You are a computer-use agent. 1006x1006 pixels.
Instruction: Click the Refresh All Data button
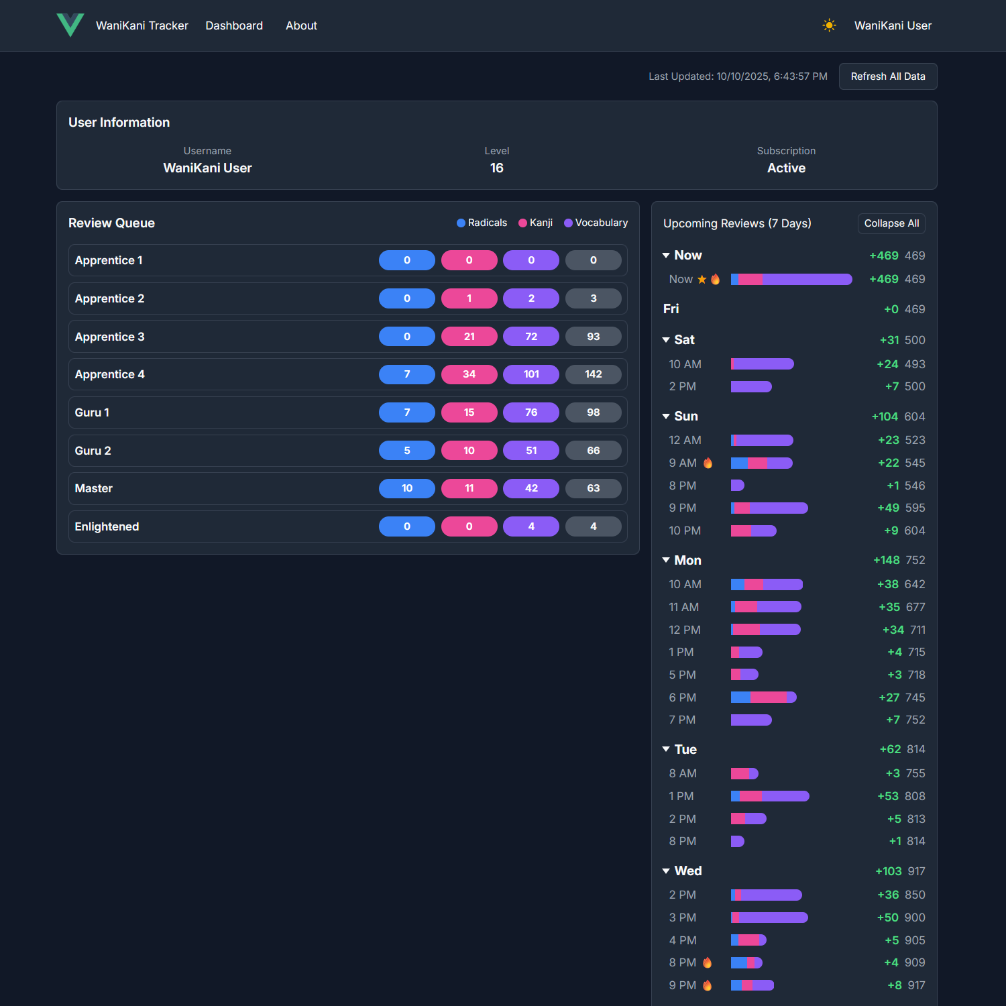887,76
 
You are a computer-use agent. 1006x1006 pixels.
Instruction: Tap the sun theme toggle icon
829,25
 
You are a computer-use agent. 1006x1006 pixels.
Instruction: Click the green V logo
70,25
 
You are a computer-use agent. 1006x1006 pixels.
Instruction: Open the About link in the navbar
301,25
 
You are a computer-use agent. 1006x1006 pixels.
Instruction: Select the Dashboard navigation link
234,25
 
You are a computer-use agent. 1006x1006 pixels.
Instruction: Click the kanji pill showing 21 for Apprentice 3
469,337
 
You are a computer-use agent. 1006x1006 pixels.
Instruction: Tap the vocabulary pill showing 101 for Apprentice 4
531,374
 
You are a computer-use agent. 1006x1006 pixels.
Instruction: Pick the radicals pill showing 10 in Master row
407,488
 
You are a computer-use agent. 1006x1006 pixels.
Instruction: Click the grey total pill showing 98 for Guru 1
594,412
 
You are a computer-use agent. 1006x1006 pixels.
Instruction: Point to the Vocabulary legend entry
596,223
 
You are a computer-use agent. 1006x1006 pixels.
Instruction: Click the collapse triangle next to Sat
666,340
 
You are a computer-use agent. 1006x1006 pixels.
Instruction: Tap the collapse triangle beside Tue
666,749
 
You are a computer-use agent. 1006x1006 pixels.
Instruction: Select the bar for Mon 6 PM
763,697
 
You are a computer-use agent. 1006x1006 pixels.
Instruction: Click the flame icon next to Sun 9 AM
708,463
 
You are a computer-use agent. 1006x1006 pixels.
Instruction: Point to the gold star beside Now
702,279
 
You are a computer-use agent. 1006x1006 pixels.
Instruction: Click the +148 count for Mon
886,560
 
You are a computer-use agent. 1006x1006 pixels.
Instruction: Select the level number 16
496,168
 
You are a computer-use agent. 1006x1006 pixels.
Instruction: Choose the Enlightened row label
107,526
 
